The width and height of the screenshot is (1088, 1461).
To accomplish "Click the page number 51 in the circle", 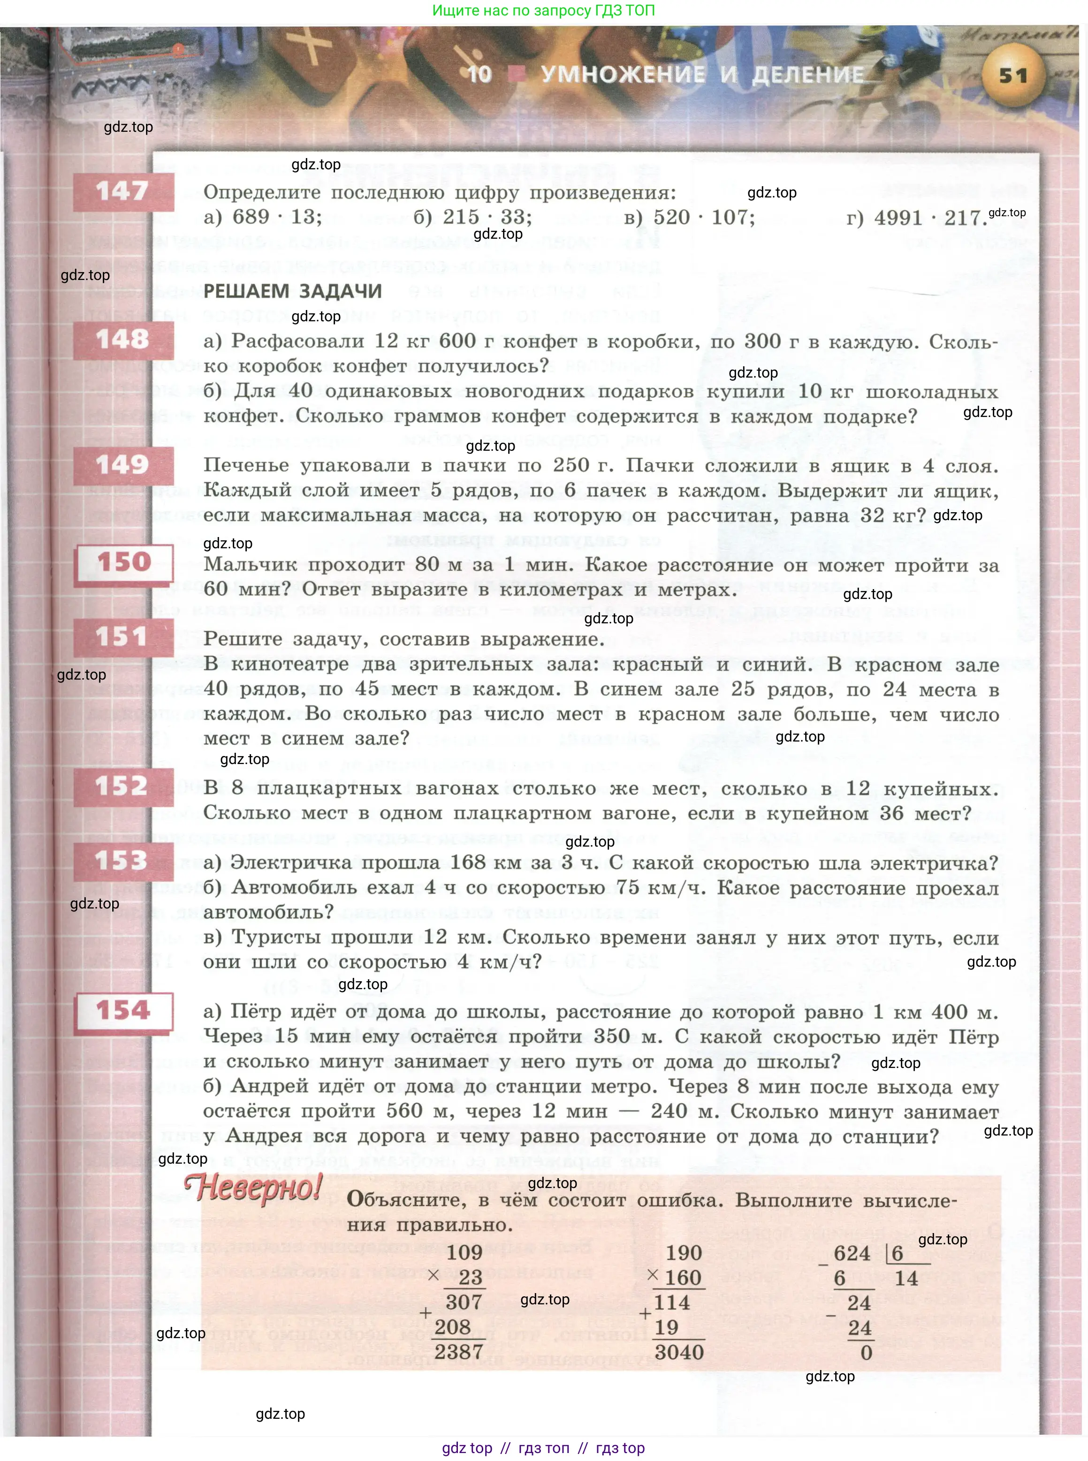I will pyautogui.click(x=1013, y=75).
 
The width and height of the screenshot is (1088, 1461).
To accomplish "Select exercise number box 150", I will pyautogui.click(x=124, y=562).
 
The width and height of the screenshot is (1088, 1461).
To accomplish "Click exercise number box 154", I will pyautogui.click(x=124, y=1011).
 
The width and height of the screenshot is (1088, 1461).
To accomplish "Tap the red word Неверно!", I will pyautogui.click(x=253, y=1187).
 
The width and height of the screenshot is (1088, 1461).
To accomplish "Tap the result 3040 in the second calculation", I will pyautogui.click(x=679, y=1352).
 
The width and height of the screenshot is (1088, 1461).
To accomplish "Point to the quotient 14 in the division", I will pyautogui.click(x=906, y=1279).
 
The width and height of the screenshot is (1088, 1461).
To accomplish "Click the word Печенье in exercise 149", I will pyautogui.click(x=246, y=465).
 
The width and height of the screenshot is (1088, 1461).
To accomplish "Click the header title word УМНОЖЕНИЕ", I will pyautogui.click(x=623, y=75).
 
